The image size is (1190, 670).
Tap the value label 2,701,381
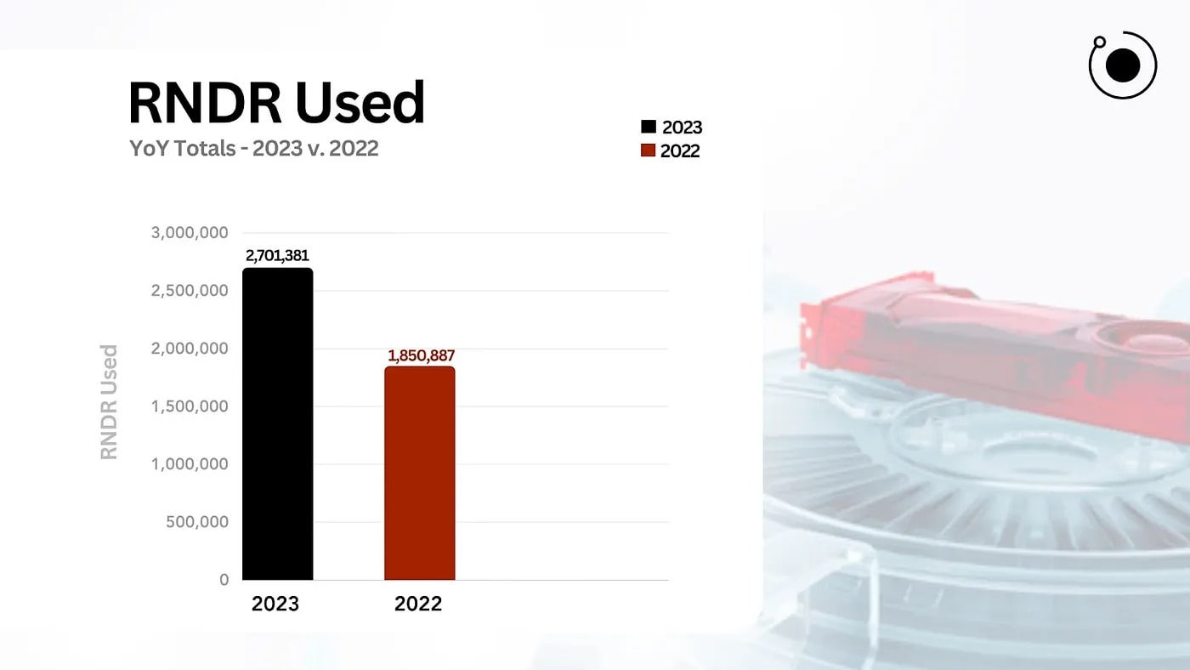point(277,255)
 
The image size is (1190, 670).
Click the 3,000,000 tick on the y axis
point(190,233)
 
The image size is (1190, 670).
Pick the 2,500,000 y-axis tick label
point(190,291)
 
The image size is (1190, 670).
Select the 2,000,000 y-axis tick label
point(190,349)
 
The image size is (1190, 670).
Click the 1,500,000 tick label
point(190,406)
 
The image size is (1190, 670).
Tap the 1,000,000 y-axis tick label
point(190,464)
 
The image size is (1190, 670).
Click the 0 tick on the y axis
point(224,580)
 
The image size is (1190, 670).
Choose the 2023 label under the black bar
point(275,604)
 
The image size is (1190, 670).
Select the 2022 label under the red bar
point(418,604)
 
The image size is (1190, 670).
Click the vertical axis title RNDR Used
point(109,402)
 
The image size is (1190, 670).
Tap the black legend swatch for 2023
point(649,128)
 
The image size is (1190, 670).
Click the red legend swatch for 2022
point(649,151)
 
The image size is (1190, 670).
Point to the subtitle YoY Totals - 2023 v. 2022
point(253,148)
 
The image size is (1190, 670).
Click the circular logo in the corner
point(1123,65)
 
